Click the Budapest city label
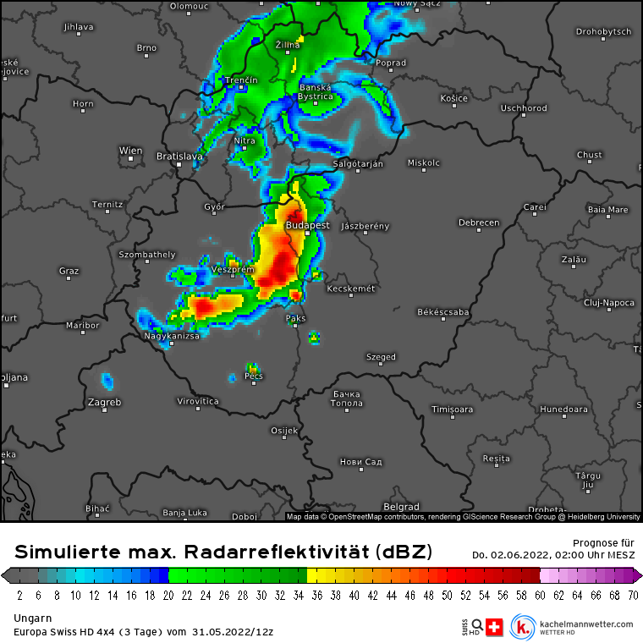[x=307, y=226]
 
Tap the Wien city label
[x=131, y=151]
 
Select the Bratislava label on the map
[x=179, y=157]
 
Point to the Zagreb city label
[x=105, y=402]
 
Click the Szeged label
[x=381, y=357]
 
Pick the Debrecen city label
[x=479, y=223]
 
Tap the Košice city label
[x=454, y=98]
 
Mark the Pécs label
[x=254, y=376]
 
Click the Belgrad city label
[x=402, y=506]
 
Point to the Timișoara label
[x=453, y=409]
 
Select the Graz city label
[x=69, y=271]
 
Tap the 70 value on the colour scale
[x=632, y=595]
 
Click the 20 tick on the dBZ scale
[x=168, y=595]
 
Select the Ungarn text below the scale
[x=33, y=618]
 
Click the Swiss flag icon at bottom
[x=495, y=627]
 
